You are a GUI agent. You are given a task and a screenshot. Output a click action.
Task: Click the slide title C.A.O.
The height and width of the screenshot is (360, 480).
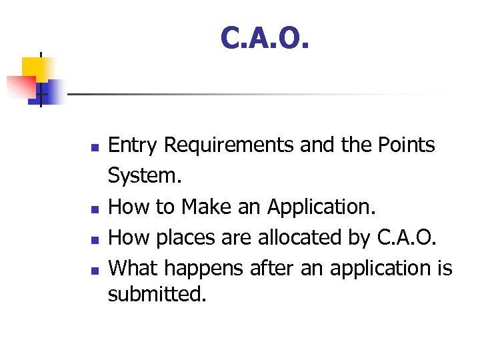point(265,39)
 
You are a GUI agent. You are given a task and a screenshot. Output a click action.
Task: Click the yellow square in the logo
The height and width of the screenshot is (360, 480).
point(37,68)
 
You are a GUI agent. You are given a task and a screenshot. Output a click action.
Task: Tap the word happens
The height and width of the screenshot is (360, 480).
point(204,269)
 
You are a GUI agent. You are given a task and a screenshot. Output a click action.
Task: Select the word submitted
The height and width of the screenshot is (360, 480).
point(157,293)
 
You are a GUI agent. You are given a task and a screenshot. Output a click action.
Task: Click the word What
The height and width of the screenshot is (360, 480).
point(133,268)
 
